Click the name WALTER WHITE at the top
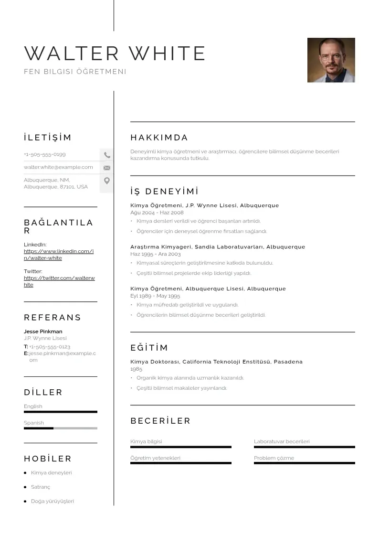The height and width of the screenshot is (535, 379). [x=115, y=53]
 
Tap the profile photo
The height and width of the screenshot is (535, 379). [x=331, y=60]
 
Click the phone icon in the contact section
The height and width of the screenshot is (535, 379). [x=107, y=155]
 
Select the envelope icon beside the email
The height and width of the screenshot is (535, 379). [x=107, y=168]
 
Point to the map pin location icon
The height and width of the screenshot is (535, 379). [x=107, y=181]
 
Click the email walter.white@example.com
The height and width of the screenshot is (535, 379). [x=58, y=167]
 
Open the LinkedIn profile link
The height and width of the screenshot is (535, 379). [x=58, y=255]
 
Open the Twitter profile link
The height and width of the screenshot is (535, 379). [x=59, y=281]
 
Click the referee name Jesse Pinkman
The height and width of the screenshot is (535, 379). [x=43, y=331]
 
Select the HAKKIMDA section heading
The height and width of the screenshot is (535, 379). [x=159, y=138]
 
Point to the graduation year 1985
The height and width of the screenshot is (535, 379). [x=136, y=369]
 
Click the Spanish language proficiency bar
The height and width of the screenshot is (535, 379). [x=60, y=428]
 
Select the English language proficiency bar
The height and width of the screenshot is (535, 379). [x=60, y=412]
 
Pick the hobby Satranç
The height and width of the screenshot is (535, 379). [x=41, y=487]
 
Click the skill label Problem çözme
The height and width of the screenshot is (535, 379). [x=274, y=458]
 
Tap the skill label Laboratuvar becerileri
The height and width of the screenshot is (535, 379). [x=282, y=441]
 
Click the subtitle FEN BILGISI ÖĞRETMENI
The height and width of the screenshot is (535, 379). [x=75, y=72]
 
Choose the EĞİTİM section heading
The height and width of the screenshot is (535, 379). [x=149, y=348]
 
